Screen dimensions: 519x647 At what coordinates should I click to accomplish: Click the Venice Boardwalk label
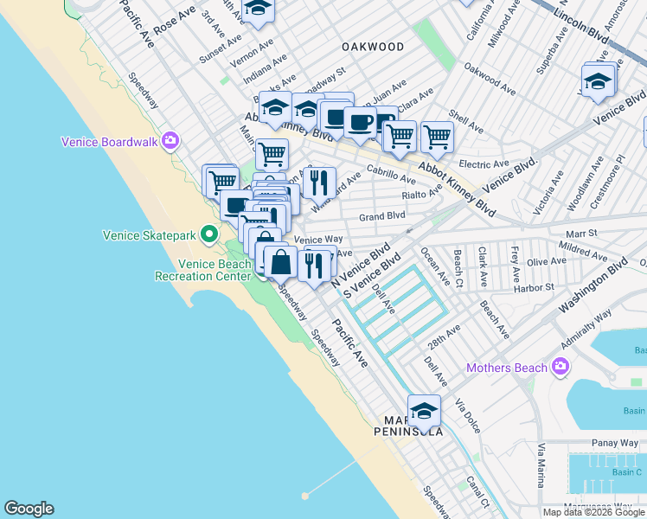tap(110, 142)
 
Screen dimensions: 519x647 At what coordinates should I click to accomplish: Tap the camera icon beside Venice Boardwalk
tap(170, 141)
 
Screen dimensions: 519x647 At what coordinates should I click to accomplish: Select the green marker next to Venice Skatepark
tap(208, 234)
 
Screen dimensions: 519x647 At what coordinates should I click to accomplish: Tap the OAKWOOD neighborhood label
tap(372, 47)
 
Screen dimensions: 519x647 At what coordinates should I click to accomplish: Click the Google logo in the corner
tap(29, 509)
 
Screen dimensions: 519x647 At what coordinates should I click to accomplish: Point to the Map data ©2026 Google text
tap(593, 512)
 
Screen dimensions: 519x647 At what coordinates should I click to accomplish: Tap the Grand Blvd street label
tap(382, 216)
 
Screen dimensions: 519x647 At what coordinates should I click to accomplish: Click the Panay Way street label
tap(592, 442)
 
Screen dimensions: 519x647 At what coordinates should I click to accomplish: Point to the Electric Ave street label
tap(484, 163)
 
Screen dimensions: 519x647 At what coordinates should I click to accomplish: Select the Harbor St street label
tap(532, 287)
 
